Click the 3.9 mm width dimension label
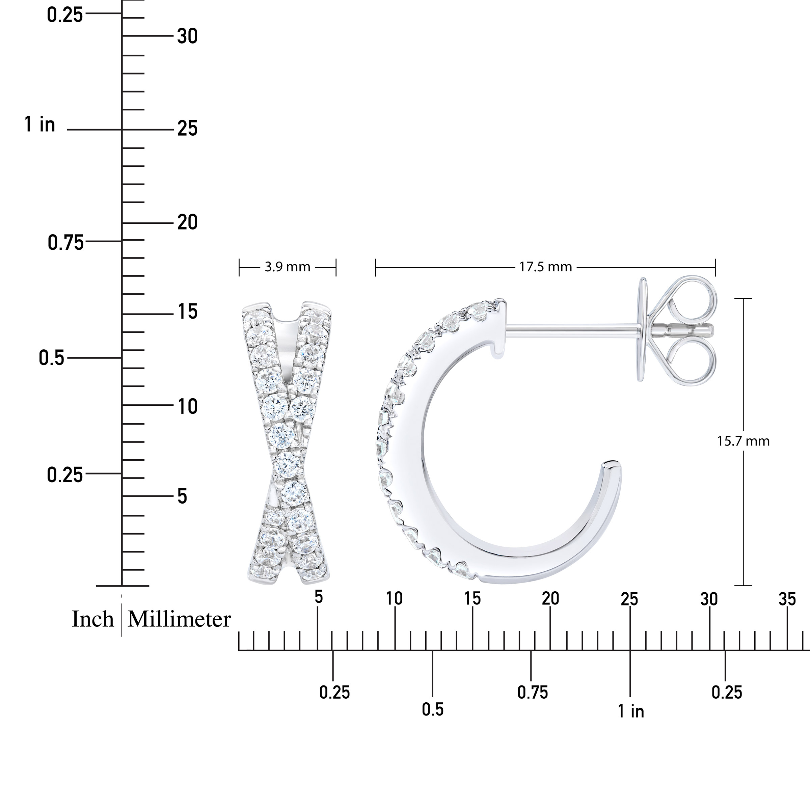pyautogui.click(x=287, y=267)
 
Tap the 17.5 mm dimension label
pyautogui.click(x=546, y=267)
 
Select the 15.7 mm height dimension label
pyautogui.click(x=743, y=441)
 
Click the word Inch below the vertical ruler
pyautogui.click(x=93, y=619)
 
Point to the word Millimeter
pyautogui.click(x=179, y=619)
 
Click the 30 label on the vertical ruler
pyautogui.click(x=187, y=36)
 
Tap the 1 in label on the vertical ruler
pyautogui.click(x=40, y=125)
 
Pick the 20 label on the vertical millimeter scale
pyautogui.click(x=187, y=222)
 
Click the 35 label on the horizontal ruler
pyautogui.click(x=787, y=599)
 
